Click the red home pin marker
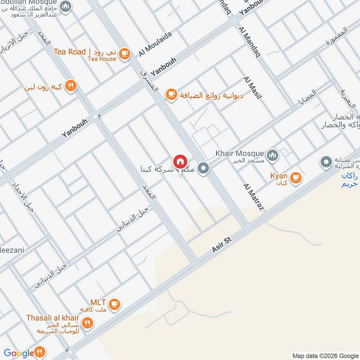coord(180,161)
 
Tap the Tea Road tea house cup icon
coord(125,54)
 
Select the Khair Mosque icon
coord(272,156)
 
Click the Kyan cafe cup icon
coord(295,177)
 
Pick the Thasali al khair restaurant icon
coord(88,322)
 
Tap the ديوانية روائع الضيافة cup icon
coord(171,94)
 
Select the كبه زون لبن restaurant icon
coord(71,85)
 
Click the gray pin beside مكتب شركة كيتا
coord(204,169)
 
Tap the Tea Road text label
coord(70,52)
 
